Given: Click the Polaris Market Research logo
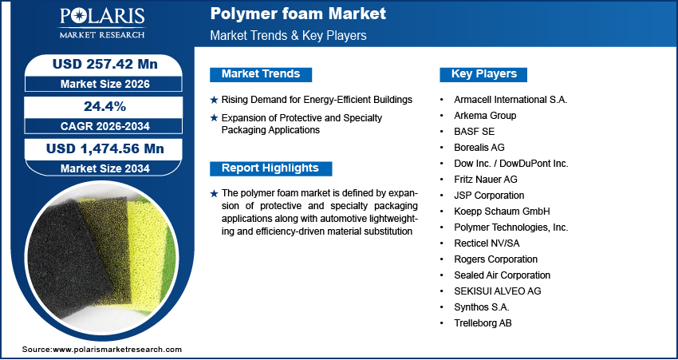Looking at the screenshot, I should (101, 23).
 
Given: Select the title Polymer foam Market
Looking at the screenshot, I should (298, 14).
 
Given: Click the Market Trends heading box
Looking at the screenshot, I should (261, 74).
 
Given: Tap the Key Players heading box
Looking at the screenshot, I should (484, 74).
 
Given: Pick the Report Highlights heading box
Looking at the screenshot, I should (270, 168).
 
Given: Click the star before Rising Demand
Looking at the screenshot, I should (213, 100).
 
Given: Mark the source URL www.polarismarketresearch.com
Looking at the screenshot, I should (117, 350).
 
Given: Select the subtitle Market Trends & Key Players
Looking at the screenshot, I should (288, 36).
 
